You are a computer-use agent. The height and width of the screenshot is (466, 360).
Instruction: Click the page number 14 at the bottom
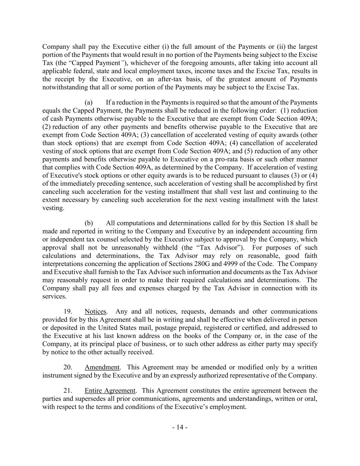click(180, 427)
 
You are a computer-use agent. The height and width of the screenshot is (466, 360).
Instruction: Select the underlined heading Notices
click(96, 311)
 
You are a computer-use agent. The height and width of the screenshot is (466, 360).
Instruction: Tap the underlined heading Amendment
click(102, 367)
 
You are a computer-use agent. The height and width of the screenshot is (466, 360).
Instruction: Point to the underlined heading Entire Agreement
click(110, 391)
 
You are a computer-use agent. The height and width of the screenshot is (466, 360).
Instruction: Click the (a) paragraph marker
click(89, 102)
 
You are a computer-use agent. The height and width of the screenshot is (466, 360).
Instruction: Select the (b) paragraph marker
click(89, 223)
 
